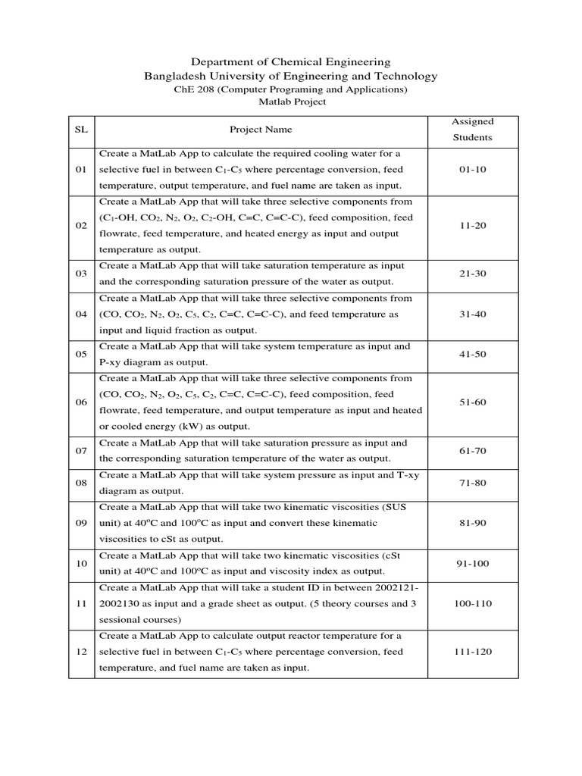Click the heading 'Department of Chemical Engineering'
click(291, 61)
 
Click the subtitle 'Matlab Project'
click(291, 102)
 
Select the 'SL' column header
click(81, 130)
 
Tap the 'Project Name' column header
click(261, 130)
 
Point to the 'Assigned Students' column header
click(472, 130)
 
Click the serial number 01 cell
click(81, 170)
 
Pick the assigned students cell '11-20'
click(472, 226)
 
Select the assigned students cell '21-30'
click(472, 274)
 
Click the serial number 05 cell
click(81, 354)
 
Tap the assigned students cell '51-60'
click(472, 402)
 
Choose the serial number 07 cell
click(81, 450)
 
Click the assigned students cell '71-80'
click(472, 483)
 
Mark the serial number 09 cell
click(81, 523)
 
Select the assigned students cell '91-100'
click(472, 563)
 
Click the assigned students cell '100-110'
click(472, 603)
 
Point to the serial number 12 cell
click(81, 652)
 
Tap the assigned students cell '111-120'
click(472, 652)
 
